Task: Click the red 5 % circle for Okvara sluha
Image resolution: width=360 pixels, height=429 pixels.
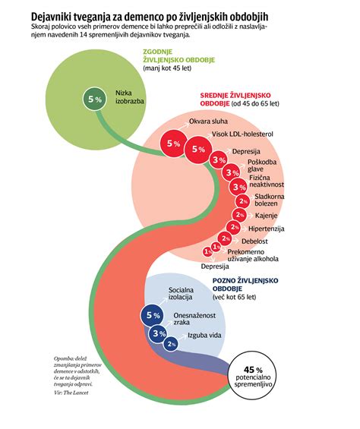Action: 172,142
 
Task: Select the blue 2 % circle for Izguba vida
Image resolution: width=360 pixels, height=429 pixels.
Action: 172,344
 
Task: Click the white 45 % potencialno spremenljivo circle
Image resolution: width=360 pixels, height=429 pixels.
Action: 253,375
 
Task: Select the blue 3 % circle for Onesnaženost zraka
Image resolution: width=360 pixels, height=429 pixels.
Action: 159,333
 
